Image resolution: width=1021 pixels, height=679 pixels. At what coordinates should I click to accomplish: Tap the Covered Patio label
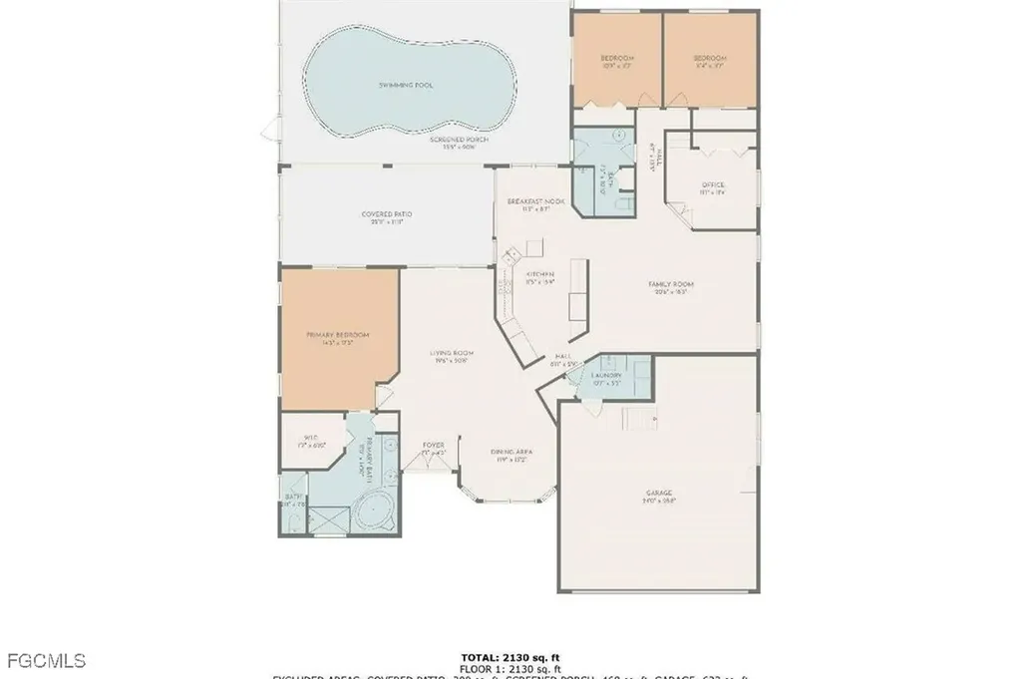click(387, 214)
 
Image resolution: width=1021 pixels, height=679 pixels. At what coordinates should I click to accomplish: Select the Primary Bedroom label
click(338, 335)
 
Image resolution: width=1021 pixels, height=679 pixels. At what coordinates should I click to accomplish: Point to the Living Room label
click(452, 353)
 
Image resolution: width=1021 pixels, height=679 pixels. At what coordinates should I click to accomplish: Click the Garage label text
click(658, 495)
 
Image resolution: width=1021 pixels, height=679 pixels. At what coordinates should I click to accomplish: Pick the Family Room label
click(674, 284)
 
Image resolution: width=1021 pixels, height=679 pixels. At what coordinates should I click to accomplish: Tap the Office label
click(713, 185)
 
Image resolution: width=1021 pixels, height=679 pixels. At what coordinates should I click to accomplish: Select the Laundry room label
click(606, 375)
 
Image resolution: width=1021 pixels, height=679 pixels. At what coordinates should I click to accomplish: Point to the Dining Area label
click(507, 452)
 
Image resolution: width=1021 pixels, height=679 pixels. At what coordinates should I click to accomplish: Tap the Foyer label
click(433, 445)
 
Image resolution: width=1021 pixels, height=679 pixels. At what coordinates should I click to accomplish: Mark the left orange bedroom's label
click(616, 59)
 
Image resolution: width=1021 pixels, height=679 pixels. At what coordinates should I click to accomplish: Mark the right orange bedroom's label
click(711, 59)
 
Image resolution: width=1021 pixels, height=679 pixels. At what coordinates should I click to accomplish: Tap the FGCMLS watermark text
click(46, 660)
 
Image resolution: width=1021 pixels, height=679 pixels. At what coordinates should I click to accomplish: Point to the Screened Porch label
click(452, 141)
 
